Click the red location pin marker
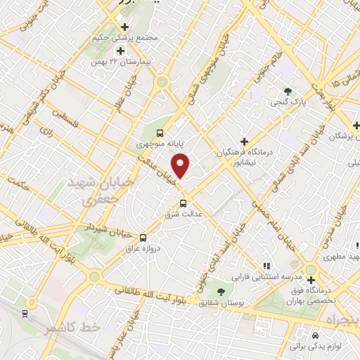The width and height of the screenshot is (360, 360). pyautogui.click(x=181, y=166)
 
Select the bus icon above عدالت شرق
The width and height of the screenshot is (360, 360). pyautogui.click(x=183, y=202)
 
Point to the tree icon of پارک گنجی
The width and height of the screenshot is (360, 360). pyautogui.click(x=287, y=91)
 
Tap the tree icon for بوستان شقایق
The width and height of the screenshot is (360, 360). pyautogui.click(x=221, y=291)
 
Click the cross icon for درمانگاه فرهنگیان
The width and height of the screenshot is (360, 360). pyautogui.click(x=244, y=141)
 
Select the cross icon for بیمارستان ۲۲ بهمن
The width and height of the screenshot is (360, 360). pyautogui.click(x=120, y=51)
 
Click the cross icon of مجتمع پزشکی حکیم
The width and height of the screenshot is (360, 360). pyautogui.click(x=124, y=27)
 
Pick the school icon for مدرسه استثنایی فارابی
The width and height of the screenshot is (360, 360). pyautogui.click(x=266, y=265)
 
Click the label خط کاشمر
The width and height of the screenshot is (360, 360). pyautogui.click(x=70, y=328)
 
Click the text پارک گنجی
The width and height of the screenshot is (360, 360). pyautogui.click(x=288, y=103)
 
